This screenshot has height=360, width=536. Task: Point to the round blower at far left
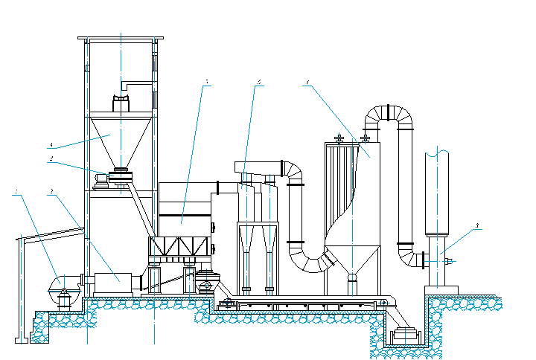[x=62, y=283]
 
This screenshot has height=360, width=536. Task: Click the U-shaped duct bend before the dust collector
[x=313, y=260]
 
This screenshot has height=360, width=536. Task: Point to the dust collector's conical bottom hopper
[x=352, y=260]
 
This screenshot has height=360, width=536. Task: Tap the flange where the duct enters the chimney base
[x=424, y=260]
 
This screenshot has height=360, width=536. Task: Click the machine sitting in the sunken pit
[x=406, y=335]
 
